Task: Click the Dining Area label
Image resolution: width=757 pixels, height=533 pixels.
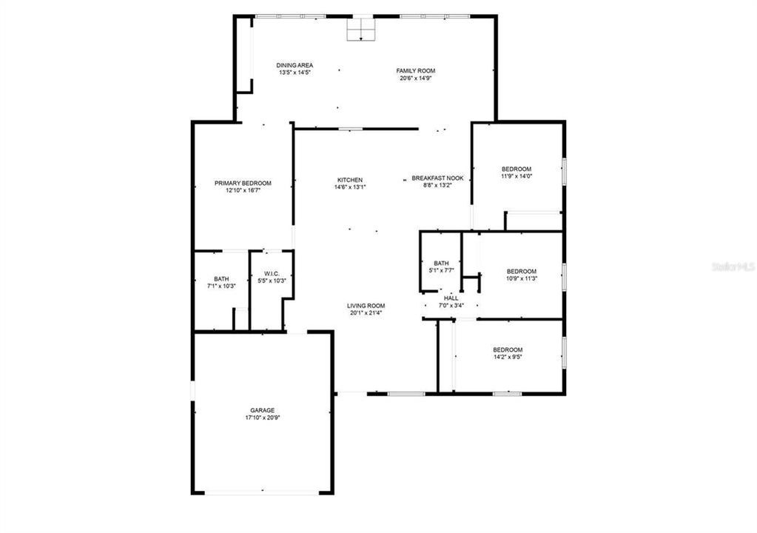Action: click(295, 65)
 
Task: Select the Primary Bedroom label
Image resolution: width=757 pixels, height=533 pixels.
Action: click(243, 183)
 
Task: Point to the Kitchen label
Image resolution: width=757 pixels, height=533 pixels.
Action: click(350, 180)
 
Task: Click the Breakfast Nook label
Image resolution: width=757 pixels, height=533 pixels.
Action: click(437, 178)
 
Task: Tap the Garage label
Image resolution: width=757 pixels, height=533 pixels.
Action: click(262, 410)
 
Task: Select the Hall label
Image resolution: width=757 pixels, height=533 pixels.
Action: click(451, 298)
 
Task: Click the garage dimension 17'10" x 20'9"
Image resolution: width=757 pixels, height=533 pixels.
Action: click(262, 418)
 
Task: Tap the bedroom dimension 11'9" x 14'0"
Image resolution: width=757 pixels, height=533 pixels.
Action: click(517, 176)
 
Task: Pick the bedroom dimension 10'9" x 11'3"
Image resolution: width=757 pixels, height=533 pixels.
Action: click(522, 278)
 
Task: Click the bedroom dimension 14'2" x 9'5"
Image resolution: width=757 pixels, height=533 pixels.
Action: click(508, 357)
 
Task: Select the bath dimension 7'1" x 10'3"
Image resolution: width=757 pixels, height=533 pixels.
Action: click(221, 286)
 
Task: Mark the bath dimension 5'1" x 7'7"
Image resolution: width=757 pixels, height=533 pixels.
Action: click(441, 270)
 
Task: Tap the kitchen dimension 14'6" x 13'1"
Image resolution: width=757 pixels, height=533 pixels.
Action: click(350, 187)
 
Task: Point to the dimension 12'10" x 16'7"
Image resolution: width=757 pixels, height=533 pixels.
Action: click(243, 190)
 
